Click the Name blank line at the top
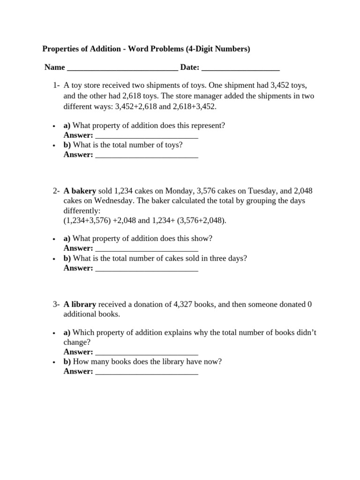click(123, 68)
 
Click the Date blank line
click(240, 68)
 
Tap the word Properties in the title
click(60, 49)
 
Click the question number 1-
click(56, 85)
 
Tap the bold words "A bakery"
click(80, 191)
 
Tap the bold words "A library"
click(80, 304)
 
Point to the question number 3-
click(56, 304)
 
